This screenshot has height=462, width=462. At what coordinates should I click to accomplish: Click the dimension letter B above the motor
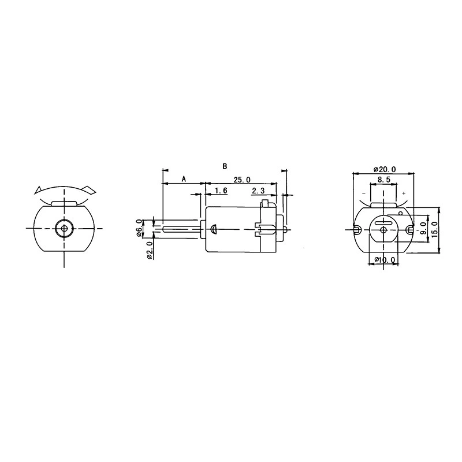coord(225,166)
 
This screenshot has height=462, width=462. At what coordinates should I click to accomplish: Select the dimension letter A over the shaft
coord(184,179)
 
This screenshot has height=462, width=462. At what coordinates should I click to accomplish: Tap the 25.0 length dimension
coord(242,180)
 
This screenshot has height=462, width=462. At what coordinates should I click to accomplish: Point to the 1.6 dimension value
coord(221,191)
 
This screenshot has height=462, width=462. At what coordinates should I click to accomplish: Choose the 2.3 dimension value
coord(258,191)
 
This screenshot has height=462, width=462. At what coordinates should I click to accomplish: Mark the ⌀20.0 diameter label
coord(385,169)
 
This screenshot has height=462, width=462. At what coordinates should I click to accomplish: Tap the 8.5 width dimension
coord(383,180)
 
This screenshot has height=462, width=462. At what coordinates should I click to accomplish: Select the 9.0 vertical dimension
coord(424,228)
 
